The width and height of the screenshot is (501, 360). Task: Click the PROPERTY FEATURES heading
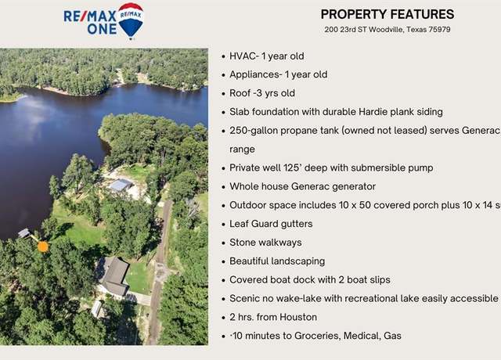tap(387, 14)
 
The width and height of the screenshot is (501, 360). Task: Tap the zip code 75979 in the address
tap(439, 30)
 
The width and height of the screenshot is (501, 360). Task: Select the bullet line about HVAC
tap(267, 56)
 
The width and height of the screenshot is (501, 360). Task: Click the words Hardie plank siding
tap(401, 112)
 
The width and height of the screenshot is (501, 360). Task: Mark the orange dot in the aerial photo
tap(43, 247)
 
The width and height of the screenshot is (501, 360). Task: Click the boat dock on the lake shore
tap(24, 233)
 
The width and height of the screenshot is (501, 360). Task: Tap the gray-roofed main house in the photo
tap(114, 276)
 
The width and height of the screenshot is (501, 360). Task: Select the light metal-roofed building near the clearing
tap(121, 185)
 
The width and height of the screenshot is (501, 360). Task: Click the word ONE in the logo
tap(102, 30)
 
